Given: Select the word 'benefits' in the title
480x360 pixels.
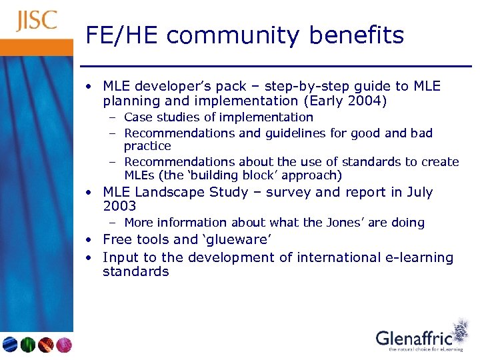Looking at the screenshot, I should [361, 35].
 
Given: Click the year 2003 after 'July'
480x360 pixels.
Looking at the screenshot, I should [119, 207].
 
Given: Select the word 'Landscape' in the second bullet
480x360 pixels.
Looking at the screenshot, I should [170, 193].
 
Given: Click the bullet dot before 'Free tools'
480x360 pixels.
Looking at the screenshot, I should [88, 240].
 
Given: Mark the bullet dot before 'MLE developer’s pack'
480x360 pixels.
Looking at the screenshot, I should [88, 87].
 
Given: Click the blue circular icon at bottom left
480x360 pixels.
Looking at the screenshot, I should [10, 345].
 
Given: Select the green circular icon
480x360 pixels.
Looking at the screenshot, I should [27, 345].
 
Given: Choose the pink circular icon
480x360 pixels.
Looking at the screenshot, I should [63, 345].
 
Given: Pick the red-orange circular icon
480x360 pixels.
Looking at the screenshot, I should [45, 345].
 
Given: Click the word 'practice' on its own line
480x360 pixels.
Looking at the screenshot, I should [147, 146].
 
